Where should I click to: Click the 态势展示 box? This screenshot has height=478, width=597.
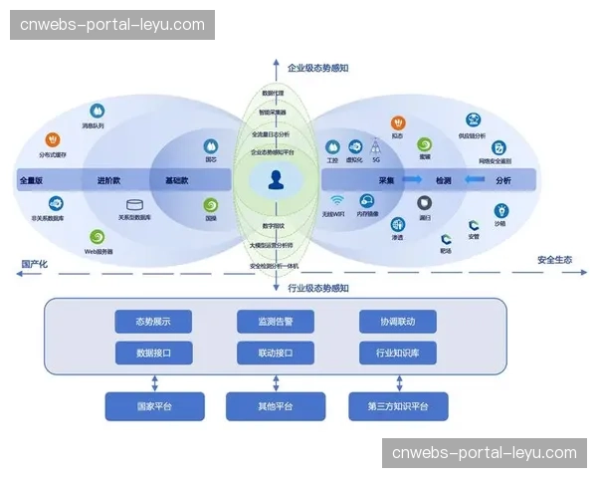pyautogui.click(x=154, y=322)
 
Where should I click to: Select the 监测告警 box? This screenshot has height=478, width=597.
pyautogui.click(x=276, y=322)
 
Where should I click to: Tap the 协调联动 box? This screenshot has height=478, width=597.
pyautogui.click(x=397, y=322)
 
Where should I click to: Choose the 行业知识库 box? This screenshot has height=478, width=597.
pyautogui.click(x=397, y=353)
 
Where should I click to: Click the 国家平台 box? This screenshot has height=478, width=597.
pyautogui.click(x=154, y=406)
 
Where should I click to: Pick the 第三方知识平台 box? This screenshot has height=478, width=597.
pyautogui.click(x=398, y=406)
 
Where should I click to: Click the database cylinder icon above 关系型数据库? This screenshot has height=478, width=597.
pyautogui.click(x=136, y=205)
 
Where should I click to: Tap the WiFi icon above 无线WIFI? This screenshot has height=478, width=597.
pyautogui.click(x=337, y=200)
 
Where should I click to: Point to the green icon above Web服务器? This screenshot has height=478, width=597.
pyautogui.click(x=97, y=237)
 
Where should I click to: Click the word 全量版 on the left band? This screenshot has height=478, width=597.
pyautogui.click(x=32, y=181)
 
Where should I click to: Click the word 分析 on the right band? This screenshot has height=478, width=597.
pyautogui.click(x=502, y=181)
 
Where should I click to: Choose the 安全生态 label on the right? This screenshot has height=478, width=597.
pyautogui.click(x=554, y=260)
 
